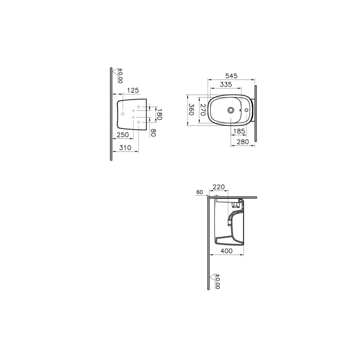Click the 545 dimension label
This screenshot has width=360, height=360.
230,76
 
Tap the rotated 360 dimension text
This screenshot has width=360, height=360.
190,110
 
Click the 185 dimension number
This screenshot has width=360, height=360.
239,131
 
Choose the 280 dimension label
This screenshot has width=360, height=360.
243,141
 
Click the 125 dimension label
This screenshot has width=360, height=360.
133,91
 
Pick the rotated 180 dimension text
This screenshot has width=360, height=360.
159,114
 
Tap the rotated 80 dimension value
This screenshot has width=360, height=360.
153,132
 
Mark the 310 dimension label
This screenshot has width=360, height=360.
125,147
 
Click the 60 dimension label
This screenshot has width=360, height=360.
199,192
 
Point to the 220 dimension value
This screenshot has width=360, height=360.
219,187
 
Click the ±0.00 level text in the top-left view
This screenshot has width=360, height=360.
120,76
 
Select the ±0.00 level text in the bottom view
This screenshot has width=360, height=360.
218,282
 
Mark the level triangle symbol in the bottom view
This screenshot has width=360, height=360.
213,277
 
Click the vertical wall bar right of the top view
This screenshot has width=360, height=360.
255,113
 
